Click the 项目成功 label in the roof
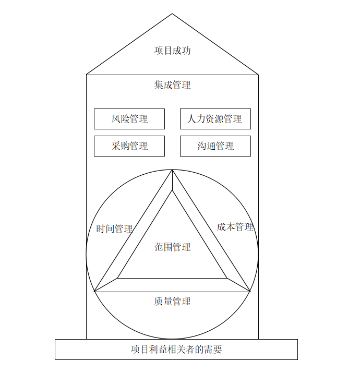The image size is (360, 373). (x=172, y=51)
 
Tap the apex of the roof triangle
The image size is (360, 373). (x=172, y=14)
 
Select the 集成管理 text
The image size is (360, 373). (x=172, y=85)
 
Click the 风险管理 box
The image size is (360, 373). (x=129, y=119)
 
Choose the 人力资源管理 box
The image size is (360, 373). (x=215, y=119)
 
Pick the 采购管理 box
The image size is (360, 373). (x=129, y=146)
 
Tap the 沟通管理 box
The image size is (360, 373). (x=215, y=146)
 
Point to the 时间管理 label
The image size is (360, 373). (x=114, y=229)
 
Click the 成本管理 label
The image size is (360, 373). (x=235, y=227)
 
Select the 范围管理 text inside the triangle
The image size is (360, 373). (x=172, y=247)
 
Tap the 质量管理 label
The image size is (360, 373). (x=172, y=302)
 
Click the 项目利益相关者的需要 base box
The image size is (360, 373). (x=176, y=350)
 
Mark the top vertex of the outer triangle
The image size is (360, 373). (x=172, y=170)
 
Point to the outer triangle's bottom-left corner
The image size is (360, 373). (x=94, y=292)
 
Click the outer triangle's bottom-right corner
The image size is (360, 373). (x=250, y=292)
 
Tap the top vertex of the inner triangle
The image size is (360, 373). (x=172, y=190)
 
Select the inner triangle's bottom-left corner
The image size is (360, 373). (x=117, y=278)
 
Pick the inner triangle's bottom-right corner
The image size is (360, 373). (x=227, y=278)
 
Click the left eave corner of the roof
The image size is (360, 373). (x=87, y=75)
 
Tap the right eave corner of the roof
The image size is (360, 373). (x=258, y=75)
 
